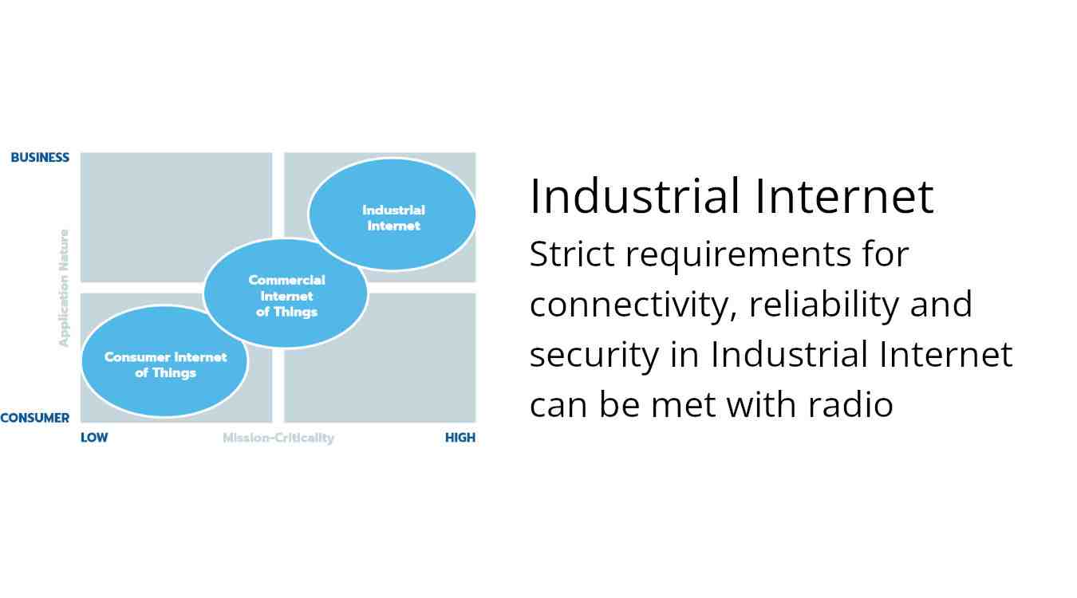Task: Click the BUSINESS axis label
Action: (40, 158)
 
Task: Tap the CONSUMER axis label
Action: (34, 418)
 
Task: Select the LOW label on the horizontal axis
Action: (94, 438)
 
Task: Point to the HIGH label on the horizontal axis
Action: (460, 438)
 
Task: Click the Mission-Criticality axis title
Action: (278, 438)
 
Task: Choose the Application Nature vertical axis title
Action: (64, 288)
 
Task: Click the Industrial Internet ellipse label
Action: (394, 218)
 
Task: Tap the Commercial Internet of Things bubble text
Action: (286, 296)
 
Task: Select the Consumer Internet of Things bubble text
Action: (165, 365)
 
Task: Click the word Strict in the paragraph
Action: (572, 254)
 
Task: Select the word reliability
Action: (824, 305)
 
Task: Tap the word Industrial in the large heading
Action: (634, 196)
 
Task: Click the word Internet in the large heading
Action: (844, 196)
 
